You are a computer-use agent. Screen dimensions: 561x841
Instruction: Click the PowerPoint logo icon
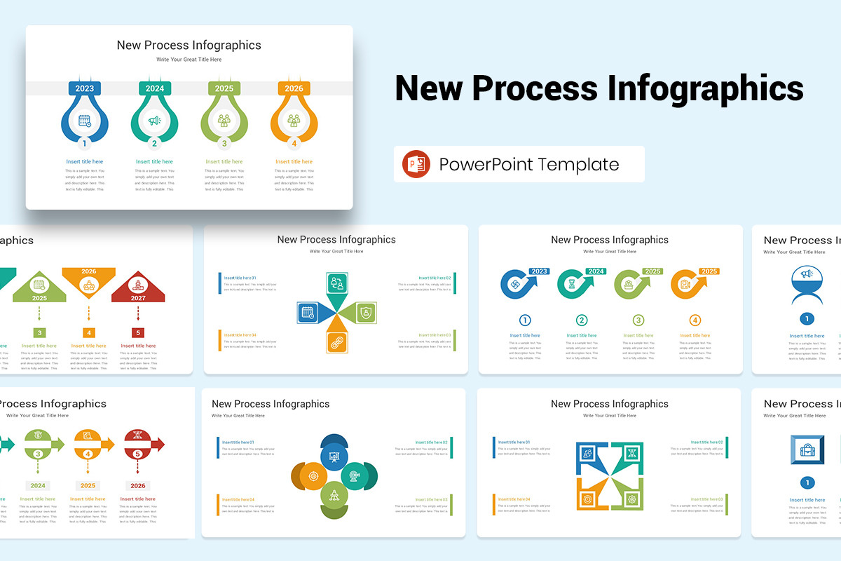pyautogui.click(x=416, y=164)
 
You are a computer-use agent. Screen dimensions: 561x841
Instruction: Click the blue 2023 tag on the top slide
pyautogui.click(x=84, y=88)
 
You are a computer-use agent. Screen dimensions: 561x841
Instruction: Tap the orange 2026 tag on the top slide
pyautogui.click(x=294, y=88)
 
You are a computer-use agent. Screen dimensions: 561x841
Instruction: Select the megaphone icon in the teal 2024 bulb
pyautogui.click(x=154, y=121)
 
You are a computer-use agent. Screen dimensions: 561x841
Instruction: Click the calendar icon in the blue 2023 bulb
pyautogui.click(x=85, y=121)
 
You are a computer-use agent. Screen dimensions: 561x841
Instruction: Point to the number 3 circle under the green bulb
pyautogui.click(x=224, y=144)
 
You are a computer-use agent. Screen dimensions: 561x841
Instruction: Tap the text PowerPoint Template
pyautogui.click(x=529, y=165)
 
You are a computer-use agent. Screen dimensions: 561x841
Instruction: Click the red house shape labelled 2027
pyautogui.click(x=138, y=288)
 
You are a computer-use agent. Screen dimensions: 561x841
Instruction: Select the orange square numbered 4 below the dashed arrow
pyautogui.click(x=89, y=332)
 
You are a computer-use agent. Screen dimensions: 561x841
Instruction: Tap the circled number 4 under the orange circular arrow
pyautogui.click(x=695, y=320)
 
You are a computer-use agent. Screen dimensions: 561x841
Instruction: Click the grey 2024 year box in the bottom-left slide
pyautogui.click(x=38, y=485)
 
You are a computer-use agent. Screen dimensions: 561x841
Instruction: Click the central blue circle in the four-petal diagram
pyautogui.click(x=334, y=456)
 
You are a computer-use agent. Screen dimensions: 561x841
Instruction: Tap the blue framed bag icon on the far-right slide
pyautogui.click(x=807, y=450)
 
